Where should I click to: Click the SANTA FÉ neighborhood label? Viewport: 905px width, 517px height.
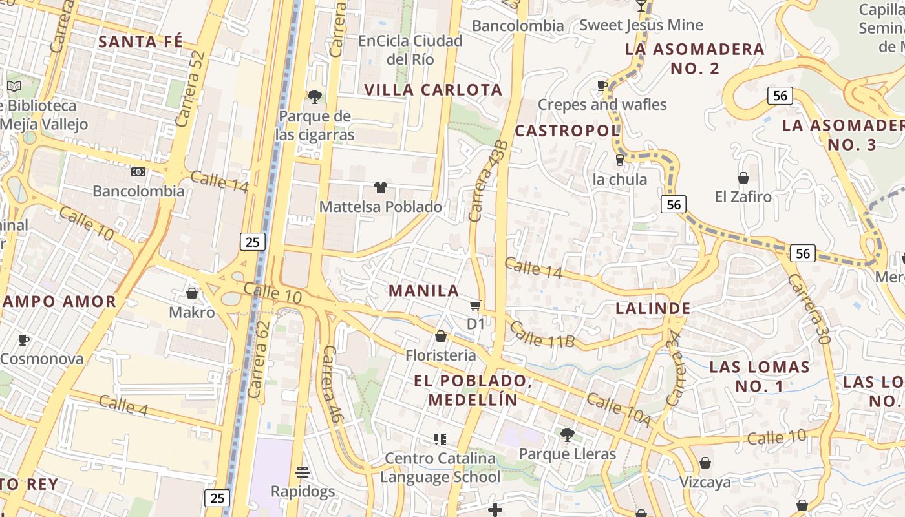tap(140, 42)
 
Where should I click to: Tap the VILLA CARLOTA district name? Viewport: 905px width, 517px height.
tap(433, 90)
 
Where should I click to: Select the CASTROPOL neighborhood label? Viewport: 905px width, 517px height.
tap(567, 131)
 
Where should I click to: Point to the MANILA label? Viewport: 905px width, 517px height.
tap(423, 291)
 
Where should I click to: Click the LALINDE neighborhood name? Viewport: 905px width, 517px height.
tap(653, 308)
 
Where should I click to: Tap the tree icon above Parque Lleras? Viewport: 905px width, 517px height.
tap(567, 434)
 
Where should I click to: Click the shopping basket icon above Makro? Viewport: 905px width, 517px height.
tap(192, 293)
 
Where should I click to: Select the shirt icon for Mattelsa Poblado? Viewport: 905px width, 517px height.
tap(381, 187)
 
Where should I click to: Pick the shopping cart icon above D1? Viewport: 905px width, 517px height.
tap(476, 304)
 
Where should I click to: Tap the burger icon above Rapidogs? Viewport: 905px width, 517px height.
tap(303, 472)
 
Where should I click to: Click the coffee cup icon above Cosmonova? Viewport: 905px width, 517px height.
tap(24, 340)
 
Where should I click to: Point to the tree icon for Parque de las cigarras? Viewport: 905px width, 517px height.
tap(315, 97)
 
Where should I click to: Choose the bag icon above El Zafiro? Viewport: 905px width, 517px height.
tap(743, 177)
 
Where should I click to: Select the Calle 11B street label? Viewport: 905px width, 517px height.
tap(542, 335)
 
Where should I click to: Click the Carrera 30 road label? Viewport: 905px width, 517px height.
tap(808, 308)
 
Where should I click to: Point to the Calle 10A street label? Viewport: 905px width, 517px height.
tap(619, 410)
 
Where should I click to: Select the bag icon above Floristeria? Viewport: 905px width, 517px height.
tap(441, 336)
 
